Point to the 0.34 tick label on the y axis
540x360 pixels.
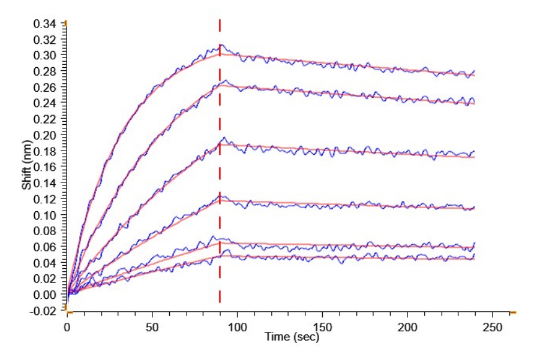[x=46, y=24]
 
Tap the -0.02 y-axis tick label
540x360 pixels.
[x=44, y=311]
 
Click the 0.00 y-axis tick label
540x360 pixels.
[x=46, y=295]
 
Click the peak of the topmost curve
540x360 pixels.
[x=221, y=45]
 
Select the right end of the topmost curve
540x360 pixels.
[x=474, y=71]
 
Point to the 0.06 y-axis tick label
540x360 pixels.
[x=46, y=247]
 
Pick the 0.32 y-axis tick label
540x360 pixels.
[x=46, y=40]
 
